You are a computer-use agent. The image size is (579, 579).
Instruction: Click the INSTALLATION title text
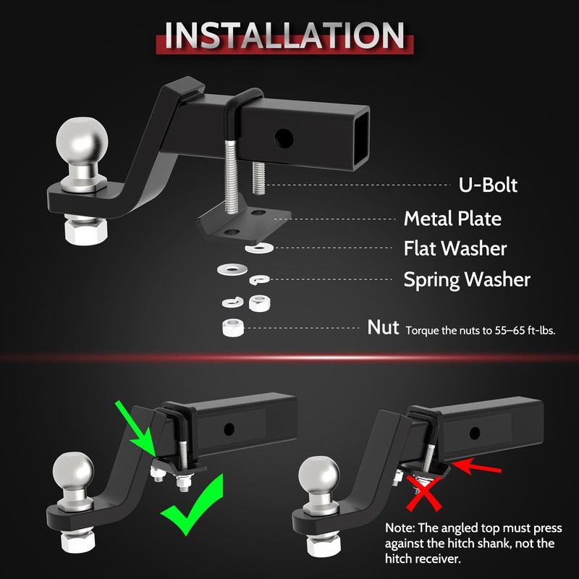284,35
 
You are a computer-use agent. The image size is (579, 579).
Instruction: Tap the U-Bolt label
488,185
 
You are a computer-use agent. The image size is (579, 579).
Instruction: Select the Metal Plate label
452,219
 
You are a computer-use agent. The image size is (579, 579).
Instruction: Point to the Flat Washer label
455,248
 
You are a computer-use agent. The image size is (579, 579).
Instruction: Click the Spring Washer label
467,279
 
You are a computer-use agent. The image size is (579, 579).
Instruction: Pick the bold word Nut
383,327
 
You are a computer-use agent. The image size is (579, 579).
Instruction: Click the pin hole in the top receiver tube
284,138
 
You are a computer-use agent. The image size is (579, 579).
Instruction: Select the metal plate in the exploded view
244,220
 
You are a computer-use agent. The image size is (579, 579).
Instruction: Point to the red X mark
423,493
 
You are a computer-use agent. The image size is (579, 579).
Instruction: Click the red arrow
476,465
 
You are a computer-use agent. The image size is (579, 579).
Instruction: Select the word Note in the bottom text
400,528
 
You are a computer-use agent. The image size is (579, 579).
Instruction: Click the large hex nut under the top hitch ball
85,231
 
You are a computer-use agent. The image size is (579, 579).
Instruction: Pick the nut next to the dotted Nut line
233,328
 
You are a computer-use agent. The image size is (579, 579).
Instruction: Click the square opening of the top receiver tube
360,137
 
